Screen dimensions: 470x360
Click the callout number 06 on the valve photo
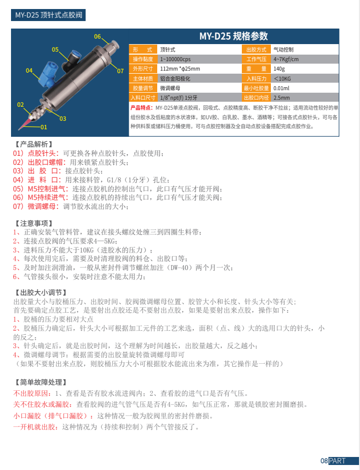coord(98,37)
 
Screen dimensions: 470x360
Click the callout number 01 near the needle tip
coord(44,127)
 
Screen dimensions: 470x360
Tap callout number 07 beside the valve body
coord(120,71)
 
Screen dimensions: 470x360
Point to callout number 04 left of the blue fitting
coord(29,71)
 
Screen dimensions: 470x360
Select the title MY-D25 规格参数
coord(233,36)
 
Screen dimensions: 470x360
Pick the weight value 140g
coord(279,69)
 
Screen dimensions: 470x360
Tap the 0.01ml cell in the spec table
coord(281,88)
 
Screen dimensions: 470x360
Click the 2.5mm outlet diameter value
coord(281,98)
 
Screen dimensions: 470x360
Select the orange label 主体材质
coord(142,79)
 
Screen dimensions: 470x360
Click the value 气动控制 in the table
coord(283,50)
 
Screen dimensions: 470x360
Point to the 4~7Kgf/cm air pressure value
coord(286,59)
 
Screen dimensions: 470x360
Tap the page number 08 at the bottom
coord(324,461)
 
